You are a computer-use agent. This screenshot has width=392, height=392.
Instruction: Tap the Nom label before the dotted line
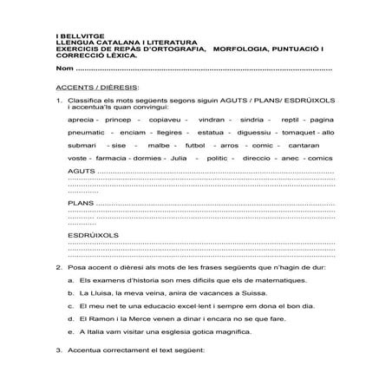coord(62,68)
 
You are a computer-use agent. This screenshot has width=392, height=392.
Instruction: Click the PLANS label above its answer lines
coord(81,203)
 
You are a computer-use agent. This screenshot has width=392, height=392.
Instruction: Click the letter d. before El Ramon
coord(69,318)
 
